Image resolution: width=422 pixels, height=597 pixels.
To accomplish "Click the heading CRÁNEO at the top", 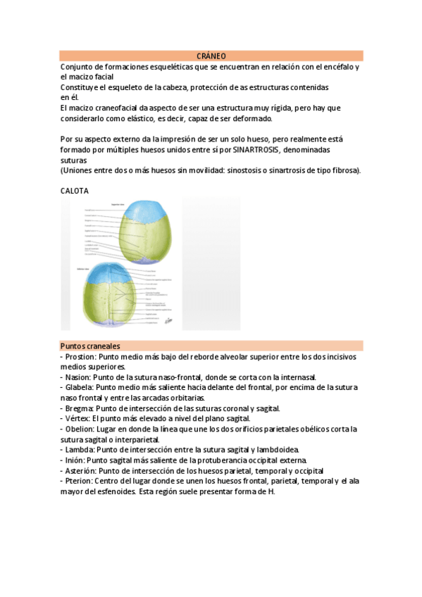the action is [x=211, y=56].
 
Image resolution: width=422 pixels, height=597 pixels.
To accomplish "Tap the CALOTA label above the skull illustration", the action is [x=75, y=190].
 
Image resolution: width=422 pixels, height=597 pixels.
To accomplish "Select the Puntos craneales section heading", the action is [x=89, y=346].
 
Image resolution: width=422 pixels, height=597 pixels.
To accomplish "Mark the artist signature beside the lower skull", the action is [x=167, y=321].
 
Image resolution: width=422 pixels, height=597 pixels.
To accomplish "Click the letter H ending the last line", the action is [x=271, y=491].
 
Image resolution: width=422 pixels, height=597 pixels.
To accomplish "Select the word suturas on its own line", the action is [x=74, y=161].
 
